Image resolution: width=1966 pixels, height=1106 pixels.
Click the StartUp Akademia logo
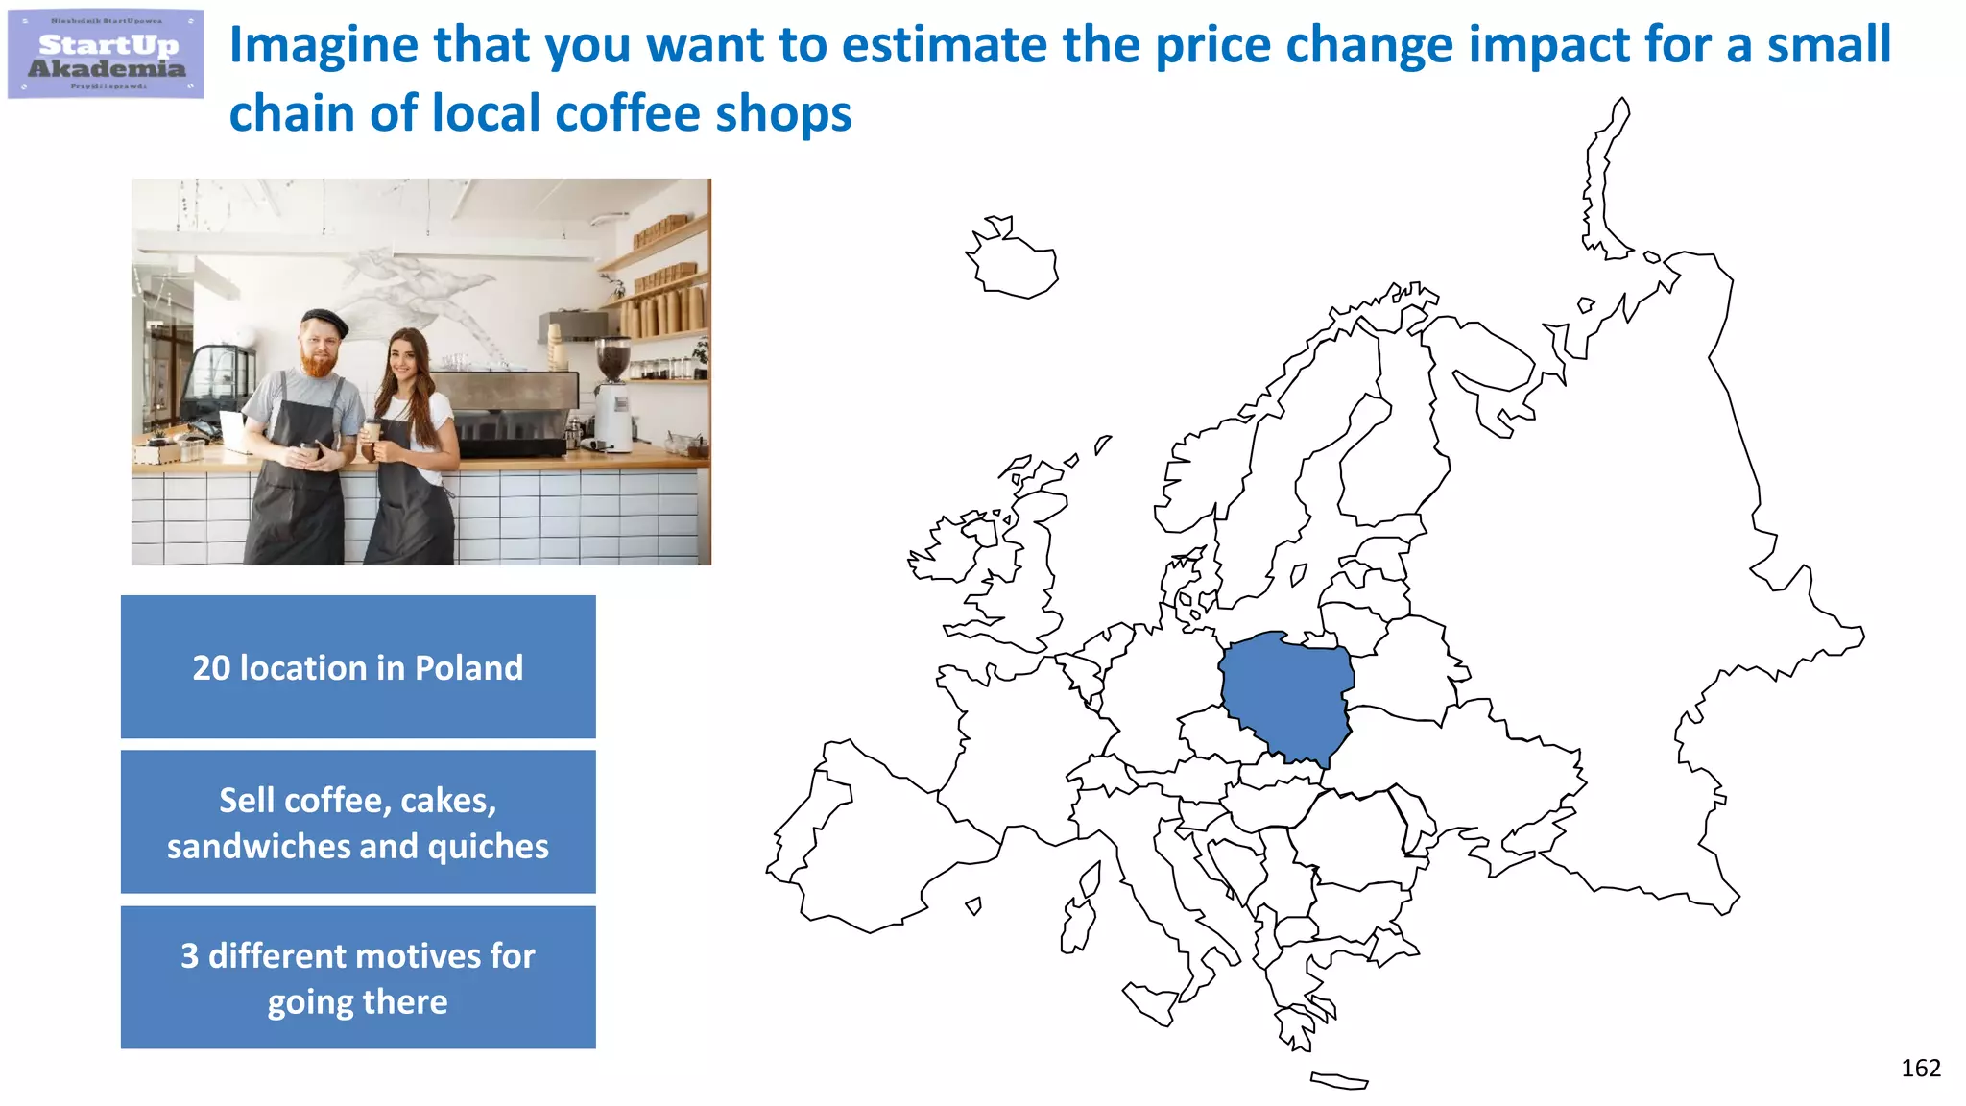pos(106,55)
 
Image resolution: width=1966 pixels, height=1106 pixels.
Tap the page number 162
pos(1920,1068)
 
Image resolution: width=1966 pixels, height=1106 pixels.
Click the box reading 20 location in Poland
pos(358,667)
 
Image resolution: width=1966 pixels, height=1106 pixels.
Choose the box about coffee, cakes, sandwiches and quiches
pos(358,822)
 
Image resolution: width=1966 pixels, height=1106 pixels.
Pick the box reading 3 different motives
pos(358,977)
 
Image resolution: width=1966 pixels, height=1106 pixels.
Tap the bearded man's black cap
pos(324,320)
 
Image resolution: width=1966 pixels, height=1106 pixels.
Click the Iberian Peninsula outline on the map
pos(864,835)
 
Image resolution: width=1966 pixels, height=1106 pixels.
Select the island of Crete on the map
pos(1339,1081)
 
